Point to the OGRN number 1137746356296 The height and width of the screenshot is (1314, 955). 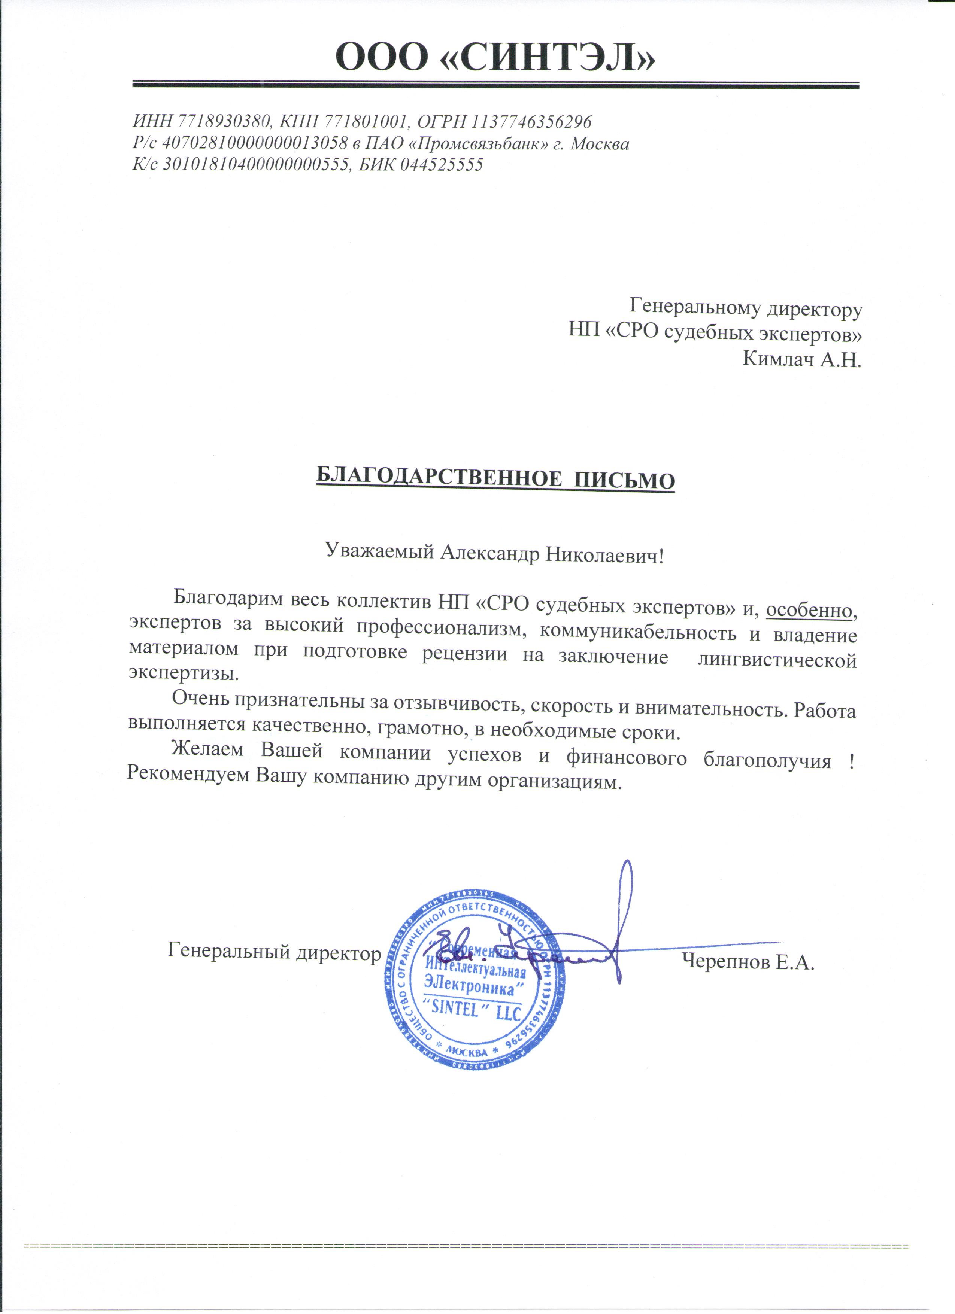point(531,122)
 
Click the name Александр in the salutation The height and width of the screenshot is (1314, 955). point(489,554)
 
